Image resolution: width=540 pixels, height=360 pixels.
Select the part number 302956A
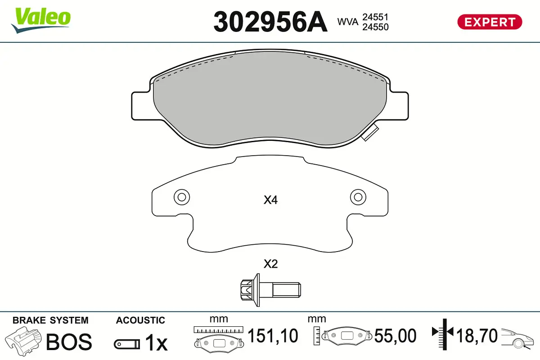[x=270, y=21]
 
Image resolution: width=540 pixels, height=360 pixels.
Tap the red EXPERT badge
[x=490, y=22]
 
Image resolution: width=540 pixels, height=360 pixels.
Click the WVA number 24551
[x=375, y=17]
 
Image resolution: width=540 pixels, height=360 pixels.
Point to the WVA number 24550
[x=375, y=27]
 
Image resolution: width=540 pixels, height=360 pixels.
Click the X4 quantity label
[x=270, y=201]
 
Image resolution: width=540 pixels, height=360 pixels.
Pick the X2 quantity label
[x=270, y=264]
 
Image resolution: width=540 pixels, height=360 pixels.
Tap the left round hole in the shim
[x=182, y=197]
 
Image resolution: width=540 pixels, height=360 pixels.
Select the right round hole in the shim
[x=358, y=197]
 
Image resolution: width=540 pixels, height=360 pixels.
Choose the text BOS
[x=69, y=342]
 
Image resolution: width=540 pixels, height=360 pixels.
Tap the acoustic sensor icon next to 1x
[x=126, y=344]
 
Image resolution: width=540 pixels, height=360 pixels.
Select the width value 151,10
[x=273, y=336]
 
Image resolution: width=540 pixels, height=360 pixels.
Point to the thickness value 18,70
[x=477, y=336]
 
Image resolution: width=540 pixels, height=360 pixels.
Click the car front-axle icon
[x=518, y=338]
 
